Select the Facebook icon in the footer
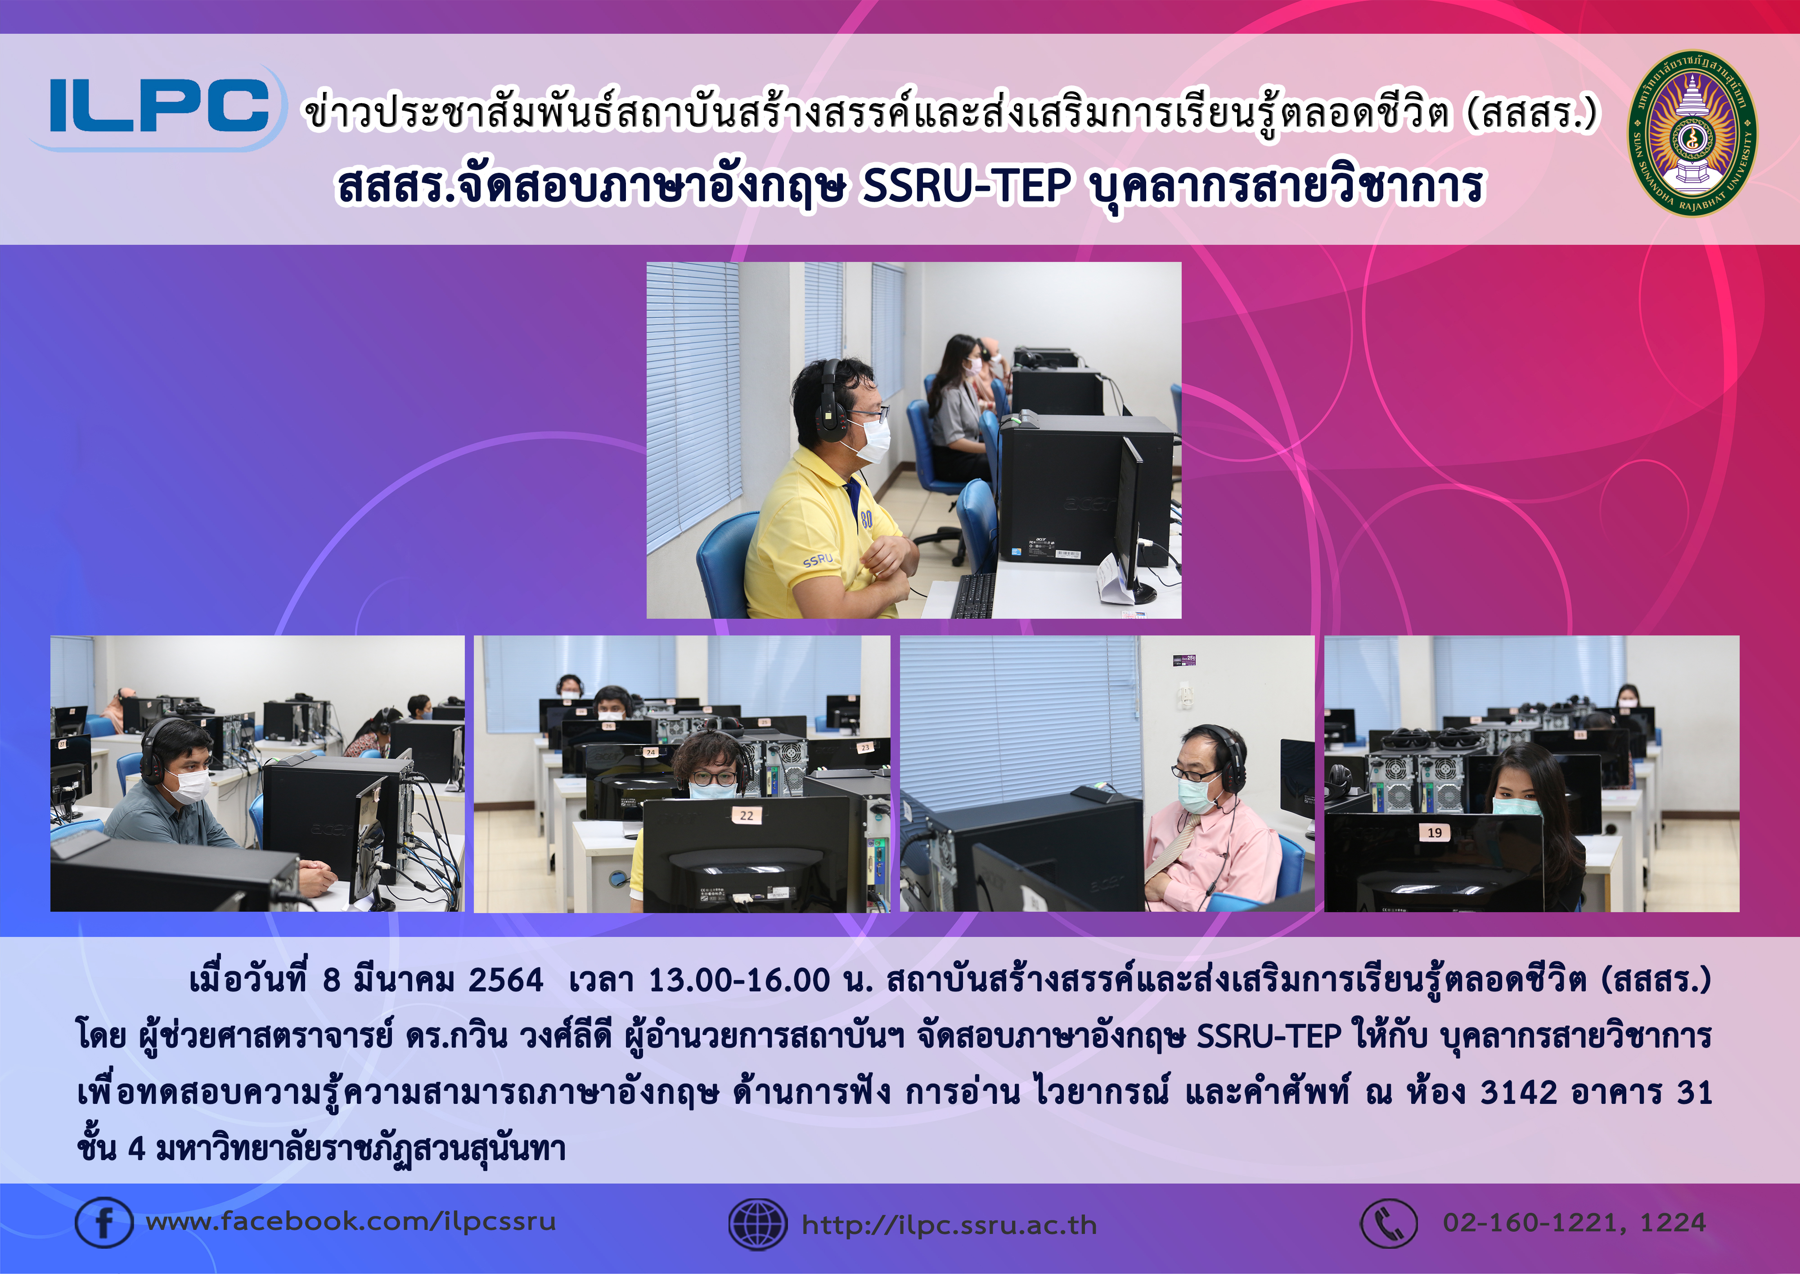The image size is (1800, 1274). coord(103,1222)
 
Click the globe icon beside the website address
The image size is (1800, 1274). coord(758,1224)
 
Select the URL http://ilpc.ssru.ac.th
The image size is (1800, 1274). coord(949,1224)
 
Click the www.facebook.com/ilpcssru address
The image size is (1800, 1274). coord(351,1221)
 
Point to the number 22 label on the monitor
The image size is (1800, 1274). coord(746,816)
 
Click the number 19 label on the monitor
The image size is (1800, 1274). coord(1435,833)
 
